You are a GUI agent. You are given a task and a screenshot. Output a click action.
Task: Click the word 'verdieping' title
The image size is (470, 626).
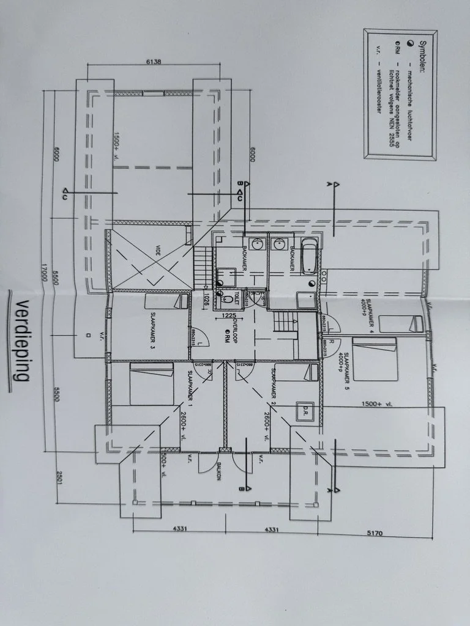coord(21,342)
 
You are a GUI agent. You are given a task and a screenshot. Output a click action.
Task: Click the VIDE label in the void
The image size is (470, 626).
coord(158,251)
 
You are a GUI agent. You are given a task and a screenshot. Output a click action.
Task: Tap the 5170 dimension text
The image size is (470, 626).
coord(375,534)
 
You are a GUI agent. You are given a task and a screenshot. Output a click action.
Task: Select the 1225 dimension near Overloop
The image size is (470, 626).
coord(229,315)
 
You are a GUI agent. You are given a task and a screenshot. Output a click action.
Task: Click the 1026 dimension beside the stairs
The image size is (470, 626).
coord(208,298)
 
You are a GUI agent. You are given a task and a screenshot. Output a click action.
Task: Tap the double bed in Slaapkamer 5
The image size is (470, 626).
coord(375,359)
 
